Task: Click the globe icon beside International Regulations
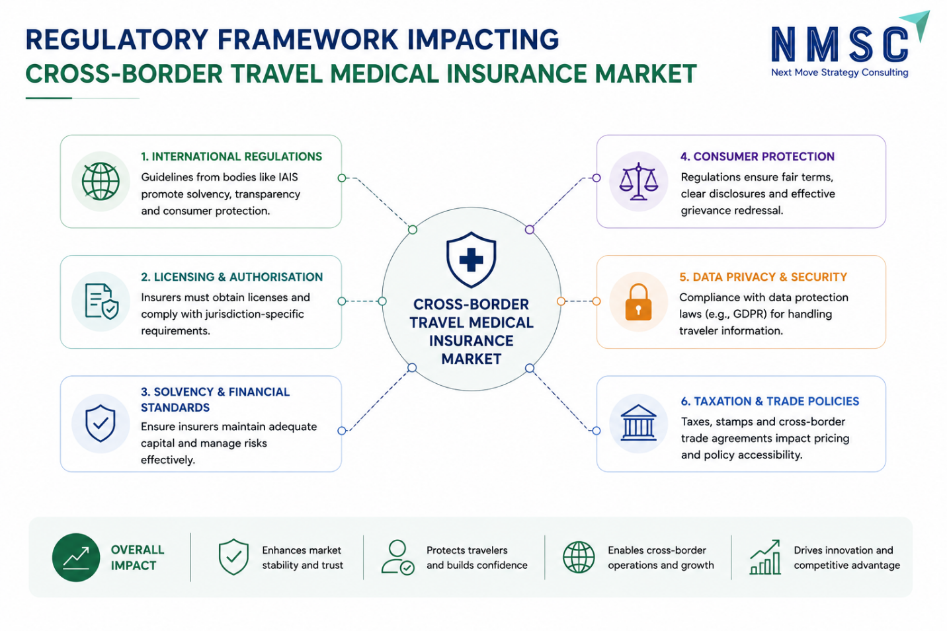pos(101,181)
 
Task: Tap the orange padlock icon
pos(638,302)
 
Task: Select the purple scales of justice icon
pos(638,181)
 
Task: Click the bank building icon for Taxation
pos(638,423)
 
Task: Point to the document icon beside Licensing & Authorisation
pos(101,301)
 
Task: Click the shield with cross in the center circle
pos(471,259)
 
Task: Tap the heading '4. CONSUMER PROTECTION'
pos(757,157)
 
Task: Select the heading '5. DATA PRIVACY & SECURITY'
pos(763,277)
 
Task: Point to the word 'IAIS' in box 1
pos(288,177)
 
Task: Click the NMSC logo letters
pos(839,44)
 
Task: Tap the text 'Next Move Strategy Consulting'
pos(840,73)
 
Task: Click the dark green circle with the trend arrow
pos(76,558)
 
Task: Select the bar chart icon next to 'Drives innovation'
pos(764,557)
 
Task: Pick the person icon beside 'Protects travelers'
pos(397,558)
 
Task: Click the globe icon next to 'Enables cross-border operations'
pos(579,558)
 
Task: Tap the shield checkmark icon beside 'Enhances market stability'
pos(233,557)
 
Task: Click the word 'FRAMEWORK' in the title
pos(308,40)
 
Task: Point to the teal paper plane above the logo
pos(915,25)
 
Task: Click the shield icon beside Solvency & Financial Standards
pos(101,424)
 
